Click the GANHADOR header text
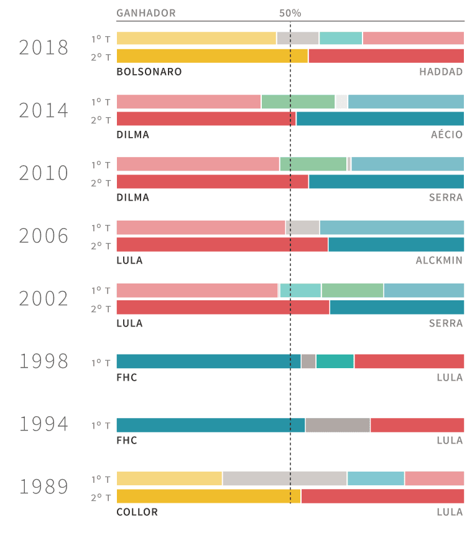click(146, 13)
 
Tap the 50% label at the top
click(290, 13)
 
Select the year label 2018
click(44, 47)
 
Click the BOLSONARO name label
click(149, 72)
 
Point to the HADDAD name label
click(441, 72)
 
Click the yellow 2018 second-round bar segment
click(212, 56)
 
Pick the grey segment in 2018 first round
click(298, 38)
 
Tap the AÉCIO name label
click(447, 135)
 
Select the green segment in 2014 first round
click(298, 102)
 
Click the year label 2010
click(44, 173)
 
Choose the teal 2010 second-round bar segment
click(386, 181)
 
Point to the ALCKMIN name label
click(439, 260)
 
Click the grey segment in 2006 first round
click(303, 227)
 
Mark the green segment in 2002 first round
click(353, 290)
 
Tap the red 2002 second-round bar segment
click(223, 307)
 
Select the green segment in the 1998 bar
click(335, 361)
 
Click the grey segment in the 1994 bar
click(338, 425)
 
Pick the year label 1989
click(44, 487)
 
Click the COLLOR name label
click(137, 512)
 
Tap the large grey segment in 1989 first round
click(285, 478)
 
